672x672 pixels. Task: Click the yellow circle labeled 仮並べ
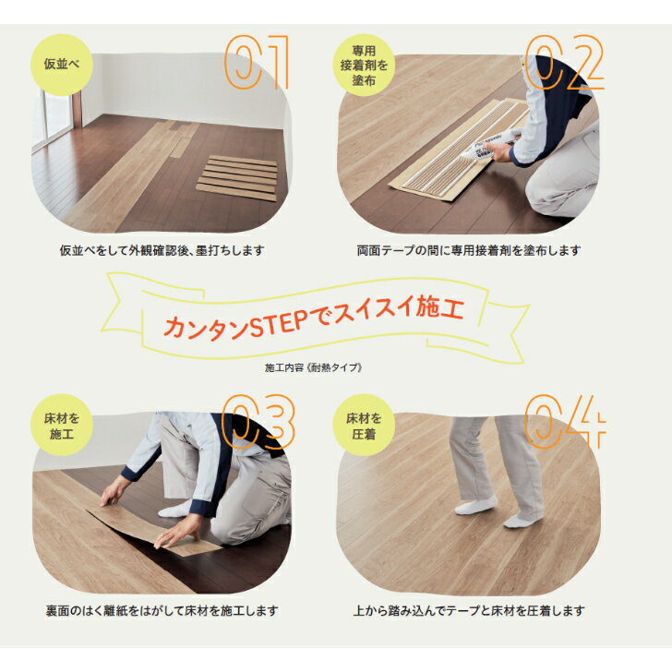click(x=62, y=65)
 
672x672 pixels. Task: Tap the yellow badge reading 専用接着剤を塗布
click(x=364, y=66)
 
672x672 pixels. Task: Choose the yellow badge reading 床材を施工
click(x=62, y=426)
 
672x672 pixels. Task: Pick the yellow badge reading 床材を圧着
click(x=364, y=426)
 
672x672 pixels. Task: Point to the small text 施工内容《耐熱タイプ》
click(x=314, y=367)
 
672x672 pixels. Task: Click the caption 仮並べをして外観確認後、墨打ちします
click(x=162, y=250)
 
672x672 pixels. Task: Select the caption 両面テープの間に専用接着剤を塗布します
click(x=469, y=250)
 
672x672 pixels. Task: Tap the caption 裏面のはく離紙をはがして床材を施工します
click(x=162, y=610)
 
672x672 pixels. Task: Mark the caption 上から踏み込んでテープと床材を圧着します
click(x=469, y=610)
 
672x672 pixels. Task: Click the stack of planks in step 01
click(x=237, y=177)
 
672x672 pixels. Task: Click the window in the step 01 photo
click(x=54, y=119)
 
